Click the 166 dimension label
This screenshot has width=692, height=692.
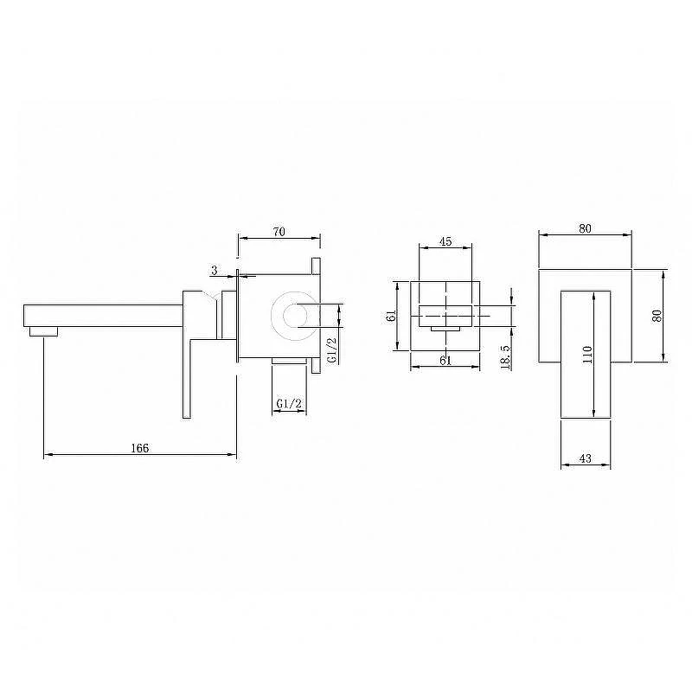click(140, 448)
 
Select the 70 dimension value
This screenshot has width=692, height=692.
click(279, 232)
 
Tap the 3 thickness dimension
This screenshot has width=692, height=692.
click(215, 270)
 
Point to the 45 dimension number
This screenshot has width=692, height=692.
click(445, 241)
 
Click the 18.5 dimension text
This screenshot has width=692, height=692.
click(506, 357)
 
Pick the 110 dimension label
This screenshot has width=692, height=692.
click(587, 355)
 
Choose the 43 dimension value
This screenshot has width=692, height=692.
click(586, 458)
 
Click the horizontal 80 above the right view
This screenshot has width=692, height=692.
click(585, 228)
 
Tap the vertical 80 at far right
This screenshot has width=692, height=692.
click(657, 316)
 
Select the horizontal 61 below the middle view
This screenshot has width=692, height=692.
click(445, 360)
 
